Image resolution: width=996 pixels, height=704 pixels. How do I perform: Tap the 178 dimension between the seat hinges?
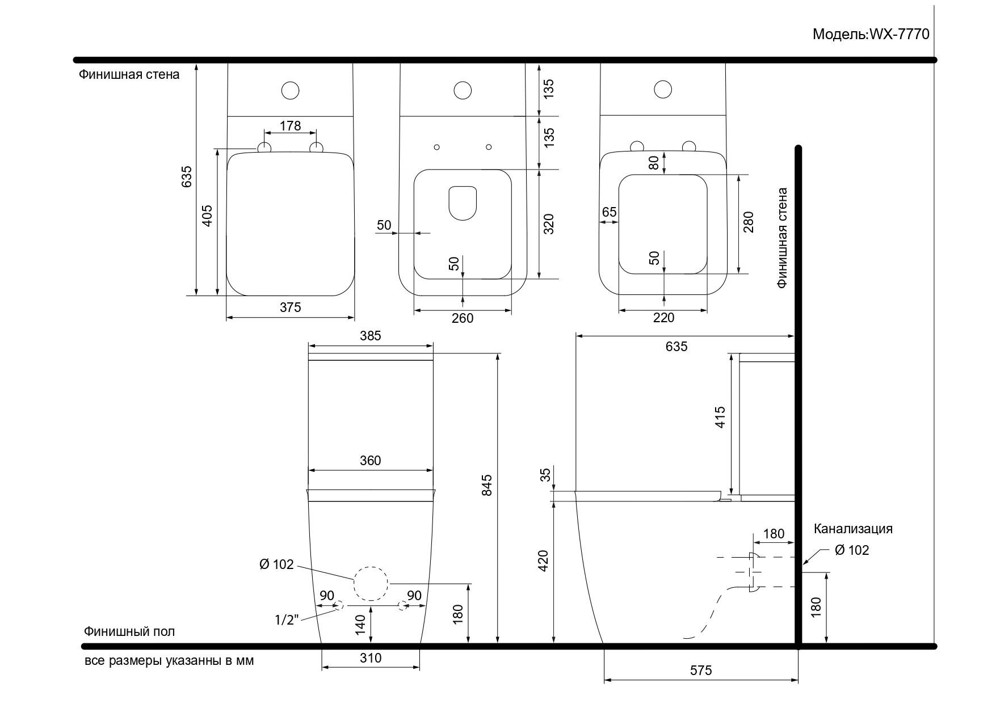pyautogui.click(x=290, y=125)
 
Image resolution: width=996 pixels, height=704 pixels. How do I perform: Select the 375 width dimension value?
pyautogui.click(x=290, y=307)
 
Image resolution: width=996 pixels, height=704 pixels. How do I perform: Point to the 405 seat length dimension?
pyautogui.click(x=207, y=216)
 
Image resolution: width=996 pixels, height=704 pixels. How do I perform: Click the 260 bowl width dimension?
pyautogui.click(x=463, y=318)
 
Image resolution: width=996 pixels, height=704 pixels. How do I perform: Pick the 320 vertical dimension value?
pyautogui.click(x=548, y=224)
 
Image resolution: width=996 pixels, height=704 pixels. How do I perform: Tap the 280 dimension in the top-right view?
pyautogui.click(x=749, y=222)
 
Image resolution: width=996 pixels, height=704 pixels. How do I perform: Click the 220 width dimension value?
pyautogui.click(x=663, y=318)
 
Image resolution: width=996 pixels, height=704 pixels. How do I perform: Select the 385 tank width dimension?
pyautogui.click(x=370, y=336)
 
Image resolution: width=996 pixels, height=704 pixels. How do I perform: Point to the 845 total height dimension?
pyautogui.click(x=487, y=485)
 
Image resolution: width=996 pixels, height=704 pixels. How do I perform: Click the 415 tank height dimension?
pyautogui.click(x=720, y=417)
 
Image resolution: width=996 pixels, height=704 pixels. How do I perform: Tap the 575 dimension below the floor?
pyautogui.click(x=701, y=671)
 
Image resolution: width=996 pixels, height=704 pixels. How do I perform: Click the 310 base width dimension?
pyautogui.click(x=371, y=658)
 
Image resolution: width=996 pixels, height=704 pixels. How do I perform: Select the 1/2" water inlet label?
pyautogui.click(x=287, y=620)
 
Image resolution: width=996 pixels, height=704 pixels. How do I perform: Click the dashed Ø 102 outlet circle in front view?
pyautogui.click(x=371, y=583)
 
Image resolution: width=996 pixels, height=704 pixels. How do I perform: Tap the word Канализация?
pyautogui.click(x=853, y=529)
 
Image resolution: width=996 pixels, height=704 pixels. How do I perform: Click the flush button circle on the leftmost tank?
pyautogui.click(x=290, y=90)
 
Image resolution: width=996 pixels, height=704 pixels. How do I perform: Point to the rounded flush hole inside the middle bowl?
pyautogui.click(x=463, y=203)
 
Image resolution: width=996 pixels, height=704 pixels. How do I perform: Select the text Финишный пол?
pyautogui.click(x=129, y=631)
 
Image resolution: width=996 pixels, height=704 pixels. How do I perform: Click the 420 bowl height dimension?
pyautogui.click(x=543, y=561)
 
